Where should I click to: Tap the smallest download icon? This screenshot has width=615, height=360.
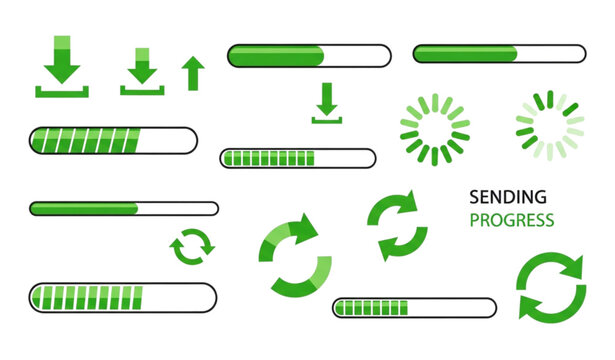pos(326,103)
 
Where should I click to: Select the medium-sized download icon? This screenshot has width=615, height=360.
pos(142,71)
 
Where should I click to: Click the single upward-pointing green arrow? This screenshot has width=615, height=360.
pos(193,73)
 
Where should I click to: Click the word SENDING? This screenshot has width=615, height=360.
pos(508,197)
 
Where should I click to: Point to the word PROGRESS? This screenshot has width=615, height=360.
pos(512,220)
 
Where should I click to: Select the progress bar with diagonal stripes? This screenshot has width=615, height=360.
pos(113,140)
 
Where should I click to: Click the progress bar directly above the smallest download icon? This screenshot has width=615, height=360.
pos(309,56)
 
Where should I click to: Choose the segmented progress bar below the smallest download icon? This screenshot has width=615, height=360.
pos(298,158)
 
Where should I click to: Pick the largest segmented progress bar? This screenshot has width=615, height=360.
pos(123,297)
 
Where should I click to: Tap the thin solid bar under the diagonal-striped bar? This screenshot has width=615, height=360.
pos(124,209)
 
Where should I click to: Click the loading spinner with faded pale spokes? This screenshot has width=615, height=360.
pos(549,126)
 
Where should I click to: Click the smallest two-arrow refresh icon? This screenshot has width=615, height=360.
pos(192,247)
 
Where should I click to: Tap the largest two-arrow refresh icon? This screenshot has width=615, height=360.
pos(550,287)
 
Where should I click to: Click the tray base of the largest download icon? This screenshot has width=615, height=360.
pos(62,92)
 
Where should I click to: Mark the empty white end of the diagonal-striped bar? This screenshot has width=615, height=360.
pos(170,140)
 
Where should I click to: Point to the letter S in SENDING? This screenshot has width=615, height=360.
pos(474,197)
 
